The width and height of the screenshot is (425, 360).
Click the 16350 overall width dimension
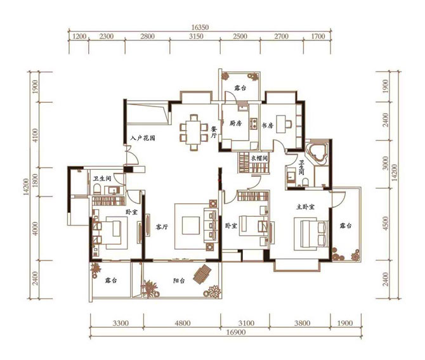(x=200, y=27)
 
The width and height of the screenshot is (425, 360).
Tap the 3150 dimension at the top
(x=196, y=36)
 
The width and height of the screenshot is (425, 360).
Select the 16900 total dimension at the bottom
(x=237, y=332)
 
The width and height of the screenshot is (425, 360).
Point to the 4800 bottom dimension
(x=183, y=323)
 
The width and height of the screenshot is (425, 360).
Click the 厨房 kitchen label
(x=235, y=124)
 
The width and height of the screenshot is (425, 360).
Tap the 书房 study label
(x=267, y=125)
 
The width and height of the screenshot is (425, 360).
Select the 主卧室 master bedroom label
(x=305, y=207)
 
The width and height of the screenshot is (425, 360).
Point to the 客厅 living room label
(x=162, y=227)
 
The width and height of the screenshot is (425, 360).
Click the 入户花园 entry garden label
(x=142, y=138)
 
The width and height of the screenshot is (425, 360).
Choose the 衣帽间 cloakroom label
(x=259, y=158)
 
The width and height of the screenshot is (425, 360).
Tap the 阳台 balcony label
(x=179, y=281)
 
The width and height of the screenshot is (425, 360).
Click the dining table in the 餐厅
(x=193, y=132)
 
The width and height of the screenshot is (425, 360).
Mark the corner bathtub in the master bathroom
(x=317, y=151)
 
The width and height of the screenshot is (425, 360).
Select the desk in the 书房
(x=281, y=124)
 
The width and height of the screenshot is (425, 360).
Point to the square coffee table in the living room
(x=191, y=225)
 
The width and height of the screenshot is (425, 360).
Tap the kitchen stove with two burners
(x=254, y=123)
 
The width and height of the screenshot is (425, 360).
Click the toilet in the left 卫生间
(x=97, y=189)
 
